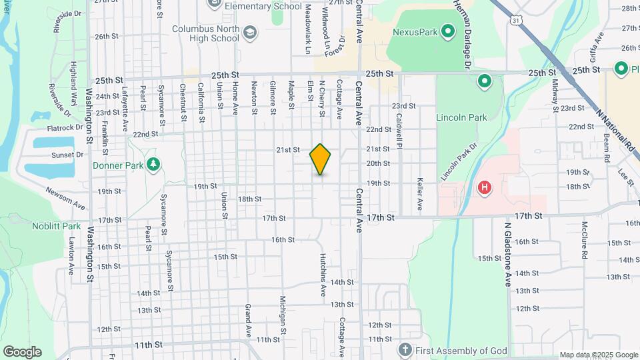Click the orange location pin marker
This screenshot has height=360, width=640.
320,159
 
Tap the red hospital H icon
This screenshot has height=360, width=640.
485,189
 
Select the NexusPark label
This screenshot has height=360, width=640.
415,31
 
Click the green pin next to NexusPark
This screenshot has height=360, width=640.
449,31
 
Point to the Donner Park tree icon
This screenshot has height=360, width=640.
153,165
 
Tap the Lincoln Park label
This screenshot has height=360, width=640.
461,117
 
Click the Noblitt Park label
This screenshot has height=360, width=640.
56,226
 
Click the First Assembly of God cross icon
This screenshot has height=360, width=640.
404,350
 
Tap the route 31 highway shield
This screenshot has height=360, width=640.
516,21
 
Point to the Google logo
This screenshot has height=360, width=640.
22,352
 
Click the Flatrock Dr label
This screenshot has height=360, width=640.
65,127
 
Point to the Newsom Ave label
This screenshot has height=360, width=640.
66,196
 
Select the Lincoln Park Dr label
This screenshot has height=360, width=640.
459,161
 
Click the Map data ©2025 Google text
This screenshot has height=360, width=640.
598,355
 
